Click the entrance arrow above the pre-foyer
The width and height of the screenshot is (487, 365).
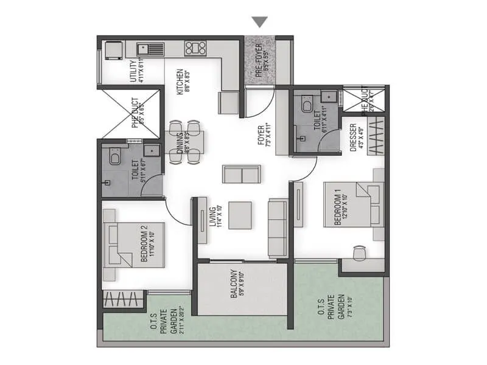(x=261, y=22)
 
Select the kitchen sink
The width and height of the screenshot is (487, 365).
(x=147, y=48)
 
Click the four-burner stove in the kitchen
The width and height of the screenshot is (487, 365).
(x=195, y=48)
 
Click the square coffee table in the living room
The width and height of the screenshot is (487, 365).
(x=240, y=215)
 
